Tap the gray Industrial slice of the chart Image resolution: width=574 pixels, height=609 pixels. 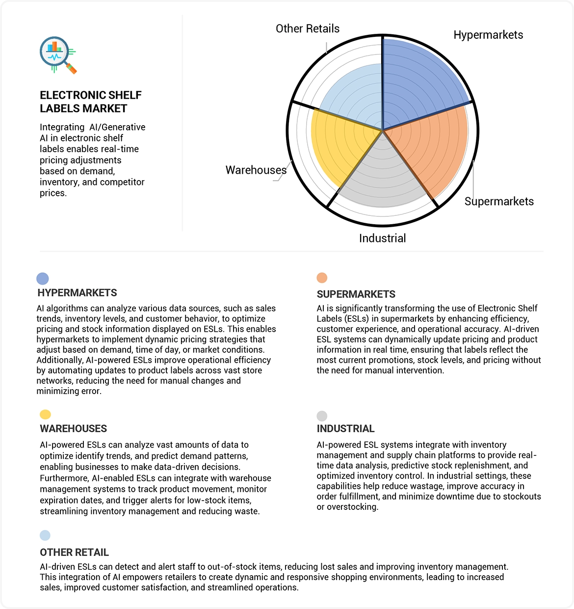pyautogui.click(x=383, y=177)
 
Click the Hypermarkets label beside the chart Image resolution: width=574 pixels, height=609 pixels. pyautogui.click(x=488, y=35)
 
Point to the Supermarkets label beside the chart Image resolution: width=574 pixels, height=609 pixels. pyautogui.click(x=499, y=201)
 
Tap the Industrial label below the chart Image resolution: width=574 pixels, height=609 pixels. pyautogui.click(x=383, y=238)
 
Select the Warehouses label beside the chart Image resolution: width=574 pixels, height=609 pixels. pyautogui.click(x=256, y=170)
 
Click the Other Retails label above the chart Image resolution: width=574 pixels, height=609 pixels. pyautogui.click(x=308, y=29)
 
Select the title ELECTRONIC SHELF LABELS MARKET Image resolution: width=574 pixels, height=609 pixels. pyautogui.click(x=91, y=102)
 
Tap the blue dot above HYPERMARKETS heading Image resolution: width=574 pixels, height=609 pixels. pyautogui.click(x=43, y=279)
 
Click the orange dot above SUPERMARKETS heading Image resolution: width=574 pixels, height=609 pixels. pyautogui.click(x=322, y=278)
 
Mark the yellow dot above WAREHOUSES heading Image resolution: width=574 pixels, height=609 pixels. pyautogui.click(x=45, y=415)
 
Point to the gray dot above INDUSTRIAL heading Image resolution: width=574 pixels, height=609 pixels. pyautogui.click(x=322, y=416)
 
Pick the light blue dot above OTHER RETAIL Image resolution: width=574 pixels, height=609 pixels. pyautogui.click(x=45, y=535)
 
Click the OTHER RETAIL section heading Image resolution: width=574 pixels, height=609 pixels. pyautogui.click(x=75, y=553)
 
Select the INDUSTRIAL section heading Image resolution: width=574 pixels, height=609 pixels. pyautogui.click(x=345, y=429)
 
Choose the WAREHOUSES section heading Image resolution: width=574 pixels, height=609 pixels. pyautogui.click(x=74, y=429)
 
